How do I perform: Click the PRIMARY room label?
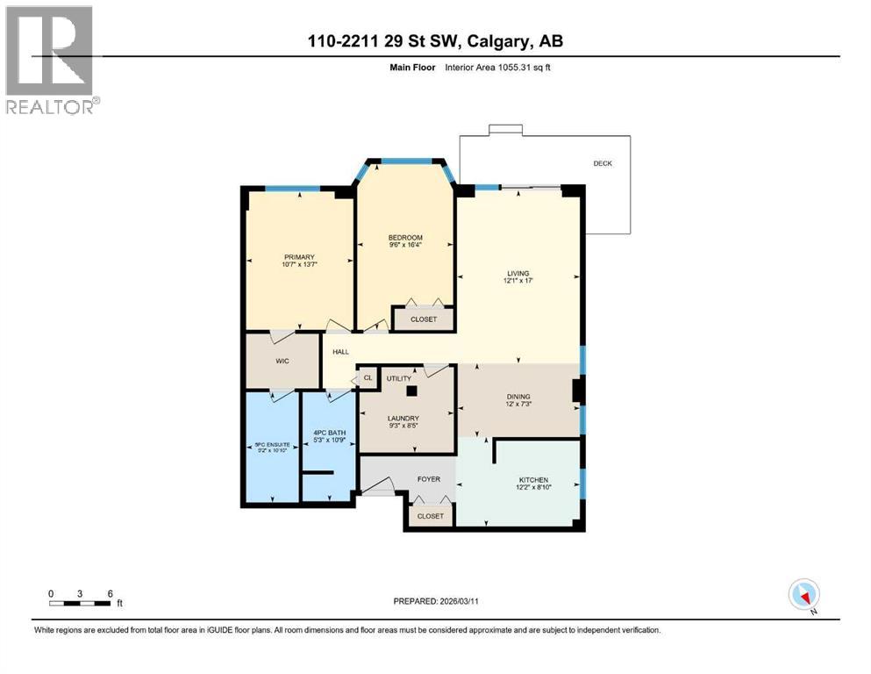(298, 257)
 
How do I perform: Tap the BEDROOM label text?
(405, 238)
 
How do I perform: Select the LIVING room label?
(518, 274)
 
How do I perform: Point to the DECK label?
(603, 162)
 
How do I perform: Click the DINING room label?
(518, 397)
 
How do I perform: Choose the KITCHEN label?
(532, 480)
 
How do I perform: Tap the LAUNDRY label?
(404, 419)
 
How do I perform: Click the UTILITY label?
(387, 377)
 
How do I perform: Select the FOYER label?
(428, 479)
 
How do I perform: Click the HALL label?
(340, 352)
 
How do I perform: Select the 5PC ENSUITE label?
(271, 445)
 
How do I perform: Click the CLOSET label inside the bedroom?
(423, 319)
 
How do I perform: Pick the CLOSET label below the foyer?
(430, 516)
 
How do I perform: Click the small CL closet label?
(368, 378)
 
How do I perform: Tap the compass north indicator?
(805, 594)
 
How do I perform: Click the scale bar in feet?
(81, 603)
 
